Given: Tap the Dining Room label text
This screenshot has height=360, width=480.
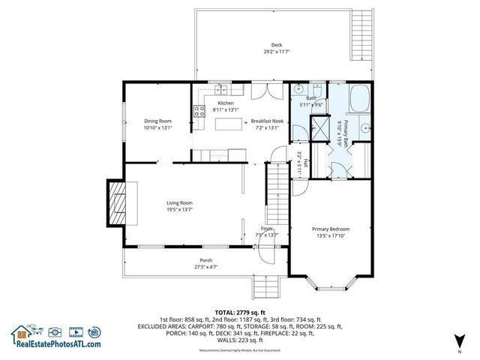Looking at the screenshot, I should coord(158,121).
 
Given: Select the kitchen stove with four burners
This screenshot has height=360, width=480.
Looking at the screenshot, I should coord(200,112).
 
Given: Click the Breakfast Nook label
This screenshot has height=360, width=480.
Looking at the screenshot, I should coord(266,121).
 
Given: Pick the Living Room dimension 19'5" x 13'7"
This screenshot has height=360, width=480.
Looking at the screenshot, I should coord(180,210).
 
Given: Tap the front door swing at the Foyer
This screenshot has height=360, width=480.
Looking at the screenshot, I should coord(265,255).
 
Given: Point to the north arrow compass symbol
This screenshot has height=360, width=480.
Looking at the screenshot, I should coord(458,341).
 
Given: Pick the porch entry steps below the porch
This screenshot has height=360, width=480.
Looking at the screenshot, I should coord(265,286).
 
